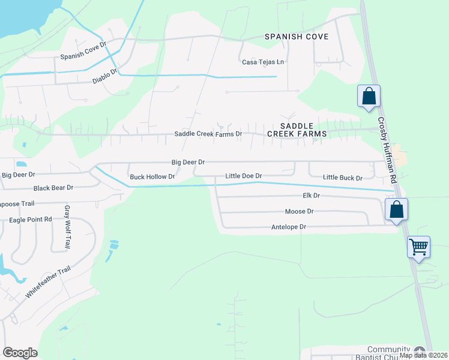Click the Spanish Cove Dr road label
83,57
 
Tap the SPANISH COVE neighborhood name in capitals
297,37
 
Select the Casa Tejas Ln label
263,62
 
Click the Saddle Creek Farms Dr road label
208,134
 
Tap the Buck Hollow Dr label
152,177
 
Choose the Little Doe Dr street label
243,176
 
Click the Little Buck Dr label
343,178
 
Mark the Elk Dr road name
311,196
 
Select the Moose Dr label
299,212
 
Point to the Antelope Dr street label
289,227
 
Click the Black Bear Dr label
53,188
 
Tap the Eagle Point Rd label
30,220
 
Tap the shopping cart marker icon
418,246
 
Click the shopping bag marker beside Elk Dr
396,210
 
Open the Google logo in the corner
20,353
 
